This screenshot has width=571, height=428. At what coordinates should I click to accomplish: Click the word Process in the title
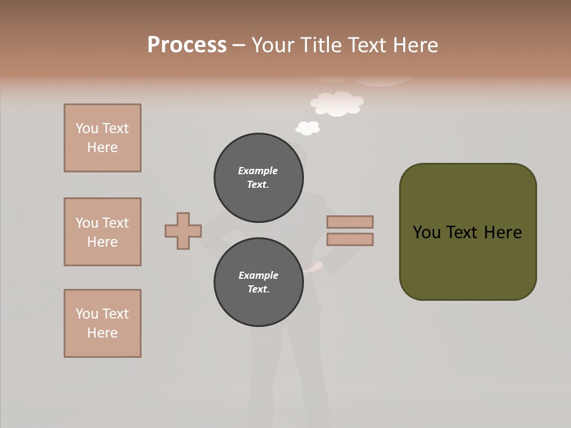click(x=187, y=45)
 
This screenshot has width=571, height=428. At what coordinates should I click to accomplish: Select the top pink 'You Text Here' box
click(x=102, y=138)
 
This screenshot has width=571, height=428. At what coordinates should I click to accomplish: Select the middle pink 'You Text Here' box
click(x=102, y=232)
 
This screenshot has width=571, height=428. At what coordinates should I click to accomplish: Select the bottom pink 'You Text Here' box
click(x=102, y=323)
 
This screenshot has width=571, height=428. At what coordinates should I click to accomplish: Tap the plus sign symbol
click(x=183, y=231)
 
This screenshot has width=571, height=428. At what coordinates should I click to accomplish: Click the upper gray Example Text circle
click(x=258, y=178)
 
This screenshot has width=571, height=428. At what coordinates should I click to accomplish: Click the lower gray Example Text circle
click(x=258, y=282)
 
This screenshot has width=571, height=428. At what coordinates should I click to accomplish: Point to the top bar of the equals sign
click(x=350, y=222)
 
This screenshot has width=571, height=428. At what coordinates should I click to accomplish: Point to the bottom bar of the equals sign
click(x=350, y=240)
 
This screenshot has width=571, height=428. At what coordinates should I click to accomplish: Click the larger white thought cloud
click(x=337, y=103)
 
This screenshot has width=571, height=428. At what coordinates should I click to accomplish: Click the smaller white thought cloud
click(x=308, y=128)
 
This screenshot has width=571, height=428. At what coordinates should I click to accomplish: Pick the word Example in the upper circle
click(x=258, y=171)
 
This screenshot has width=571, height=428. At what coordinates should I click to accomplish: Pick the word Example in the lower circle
click(x=258, y=275)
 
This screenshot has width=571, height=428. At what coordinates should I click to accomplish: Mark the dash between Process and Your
click(x=239, y=45)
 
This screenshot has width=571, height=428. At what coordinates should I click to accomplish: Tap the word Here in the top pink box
click(x=102, y=147)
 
